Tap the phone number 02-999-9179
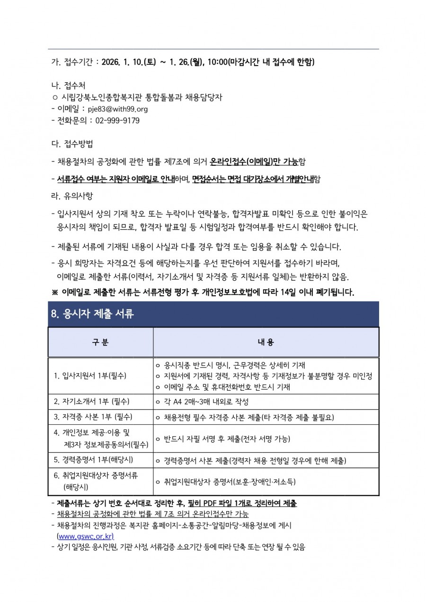[x=117, y=120]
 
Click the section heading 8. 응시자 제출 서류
[x=92, y=314]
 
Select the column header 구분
[x=100, y=342]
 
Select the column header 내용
[x=266, y=342]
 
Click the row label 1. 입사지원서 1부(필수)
[x=93, y=376]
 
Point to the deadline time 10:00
[x=217, y=62]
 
